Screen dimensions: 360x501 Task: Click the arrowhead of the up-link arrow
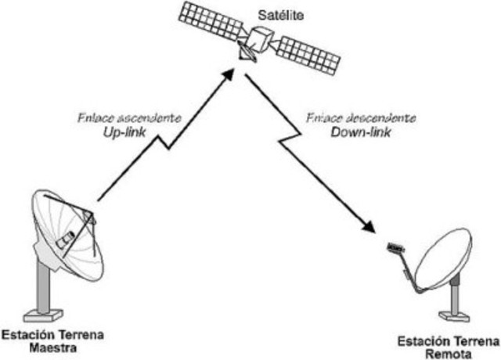228,72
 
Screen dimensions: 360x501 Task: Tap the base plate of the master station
43,315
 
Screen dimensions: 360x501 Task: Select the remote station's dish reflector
443,260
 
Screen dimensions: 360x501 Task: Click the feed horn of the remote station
396,249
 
